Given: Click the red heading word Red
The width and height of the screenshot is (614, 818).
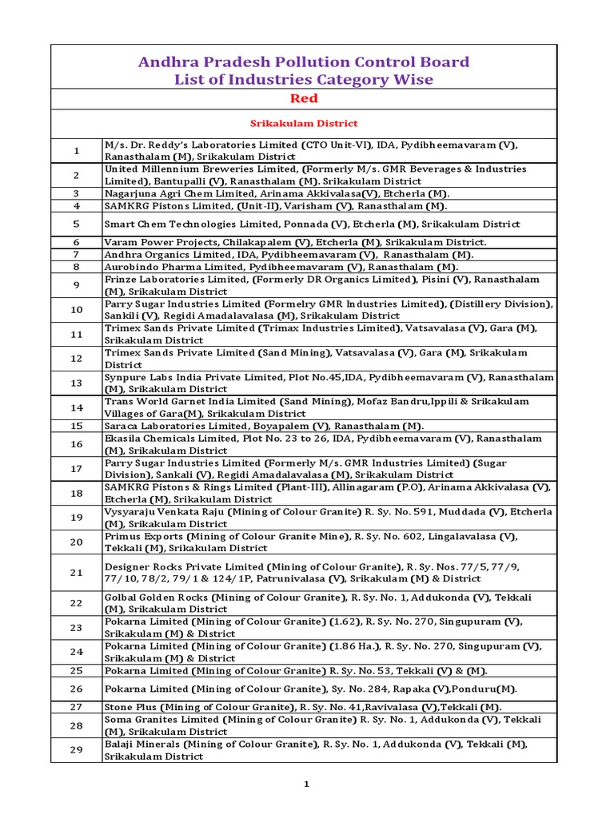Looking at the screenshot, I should pos(304,98).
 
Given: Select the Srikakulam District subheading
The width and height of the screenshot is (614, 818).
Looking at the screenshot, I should pos(304,124).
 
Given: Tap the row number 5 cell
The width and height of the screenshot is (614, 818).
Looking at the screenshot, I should pos(77,224).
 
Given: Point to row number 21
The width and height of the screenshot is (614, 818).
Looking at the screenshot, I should pos(77,573).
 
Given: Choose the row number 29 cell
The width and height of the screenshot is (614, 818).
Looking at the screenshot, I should pos(77,750).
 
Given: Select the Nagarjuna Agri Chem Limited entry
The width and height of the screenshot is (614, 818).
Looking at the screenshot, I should pos(277,193).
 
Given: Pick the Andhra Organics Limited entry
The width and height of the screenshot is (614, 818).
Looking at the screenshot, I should pos(289,254).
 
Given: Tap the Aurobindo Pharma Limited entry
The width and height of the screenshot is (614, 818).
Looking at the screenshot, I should pos(281,267).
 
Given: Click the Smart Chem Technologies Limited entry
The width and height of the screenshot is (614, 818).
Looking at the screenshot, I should pos(312,224).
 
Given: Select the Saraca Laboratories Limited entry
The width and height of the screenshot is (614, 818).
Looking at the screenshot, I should pos(264,426).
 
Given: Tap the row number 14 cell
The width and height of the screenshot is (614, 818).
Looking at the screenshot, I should pos(77,407).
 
